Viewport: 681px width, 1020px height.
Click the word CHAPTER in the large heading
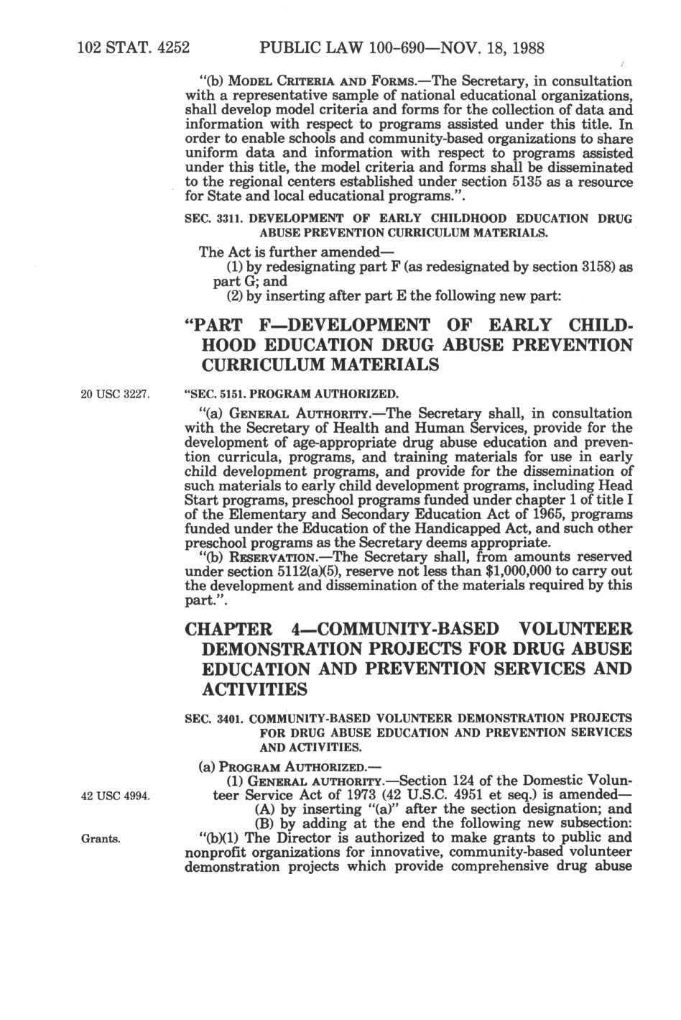(229, 630)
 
